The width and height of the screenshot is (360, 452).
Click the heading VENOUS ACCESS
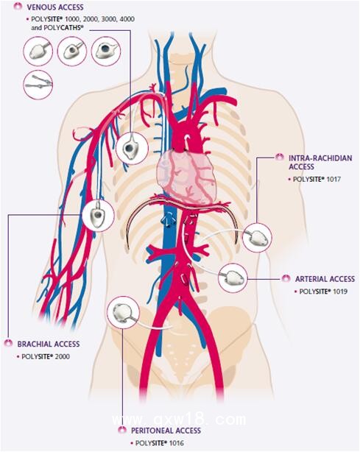(x=55, y=7)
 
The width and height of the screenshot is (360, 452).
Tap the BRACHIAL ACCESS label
(x=49, y=344)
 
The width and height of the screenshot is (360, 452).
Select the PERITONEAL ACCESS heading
(x=166, y=431)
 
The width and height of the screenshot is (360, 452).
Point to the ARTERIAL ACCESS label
(x=325, y=279)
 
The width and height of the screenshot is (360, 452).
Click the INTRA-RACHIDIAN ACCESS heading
(x=320, y=162)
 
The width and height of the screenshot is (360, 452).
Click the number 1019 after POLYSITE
(x=340, y=292)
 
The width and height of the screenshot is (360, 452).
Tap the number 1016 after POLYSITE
(x=176, y=443)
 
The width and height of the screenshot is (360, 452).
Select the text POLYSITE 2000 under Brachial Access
(x=46, y=356)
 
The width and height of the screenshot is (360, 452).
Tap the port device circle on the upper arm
(x=98, y=215)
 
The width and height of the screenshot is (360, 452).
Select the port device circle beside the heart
(x=132, y=149)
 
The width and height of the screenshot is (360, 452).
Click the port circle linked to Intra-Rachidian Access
(x=257, y=238)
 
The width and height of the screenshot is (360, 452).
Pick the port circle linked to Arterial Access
(x=233, y=278)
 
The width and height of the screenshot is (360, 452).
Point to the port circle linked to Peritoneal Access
(x=123, y=312)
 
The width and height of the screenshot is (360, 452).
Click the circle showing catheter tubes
(x=38, y=85)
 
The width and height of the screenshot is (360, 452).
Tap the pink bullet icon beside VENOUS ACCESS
(x=18, y=7)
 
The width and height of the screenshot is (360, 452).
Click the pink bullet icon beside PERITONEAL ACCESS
(x=122, y=430)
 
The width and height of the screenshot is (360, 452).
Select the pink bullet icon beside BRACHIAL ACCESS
(x=8, y=344)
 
